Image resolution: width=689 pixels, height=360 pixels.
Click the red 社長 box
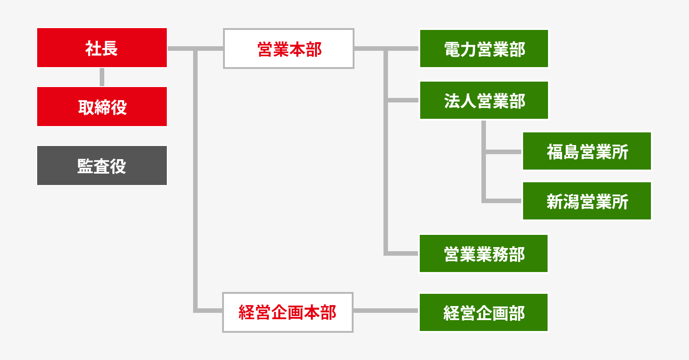(102, 48)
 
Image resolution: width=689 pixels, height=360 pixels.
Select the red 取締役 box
(102, 107)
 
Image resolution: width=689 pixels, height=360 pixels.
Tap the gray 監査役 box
(102, 165)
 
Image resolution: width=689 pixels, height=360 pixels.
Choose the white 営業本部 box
(288, 49)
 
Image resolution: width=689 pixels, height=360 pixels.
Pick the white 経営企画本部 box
(287, 312)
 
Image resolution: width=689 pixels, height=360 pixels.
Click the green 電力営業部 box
(484, 49)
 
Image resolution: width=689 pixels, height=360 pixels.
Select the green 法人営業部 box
(484, 100)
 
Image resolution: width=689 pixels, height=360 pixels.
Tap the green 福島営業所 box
(587, 151)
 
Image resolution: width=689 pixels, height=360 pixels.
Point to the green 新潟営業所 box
(587, 201)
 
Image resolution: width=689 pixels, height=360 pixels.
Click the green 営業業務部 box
(484, 253)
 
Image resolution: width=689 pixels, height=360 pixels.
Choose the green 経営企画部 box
(484, 312)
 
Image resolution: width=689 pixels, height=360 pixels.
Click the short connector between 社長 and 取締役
(102, 77)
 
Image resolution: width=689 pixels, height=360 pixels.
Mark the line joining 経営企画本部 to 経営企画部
(386, 311)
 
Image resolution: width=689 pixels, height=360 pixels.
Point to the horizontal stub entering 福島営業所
(503, 152)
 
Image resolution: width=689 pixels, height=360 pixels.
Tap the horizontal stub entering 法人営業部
(403, 100)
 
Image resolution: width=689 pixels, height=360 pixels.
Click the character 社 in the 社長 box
(93, 49)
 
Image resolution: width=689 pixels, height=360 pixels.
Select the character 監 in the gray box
(85, 166)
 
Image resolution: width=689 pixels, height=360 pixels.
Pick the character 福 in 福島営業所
(554, 152)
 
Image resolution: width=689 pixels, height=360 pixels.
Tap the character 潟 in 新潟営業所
(571, 202)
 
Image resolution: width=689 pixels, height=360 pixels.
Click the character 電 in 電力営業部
(452, 49)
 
